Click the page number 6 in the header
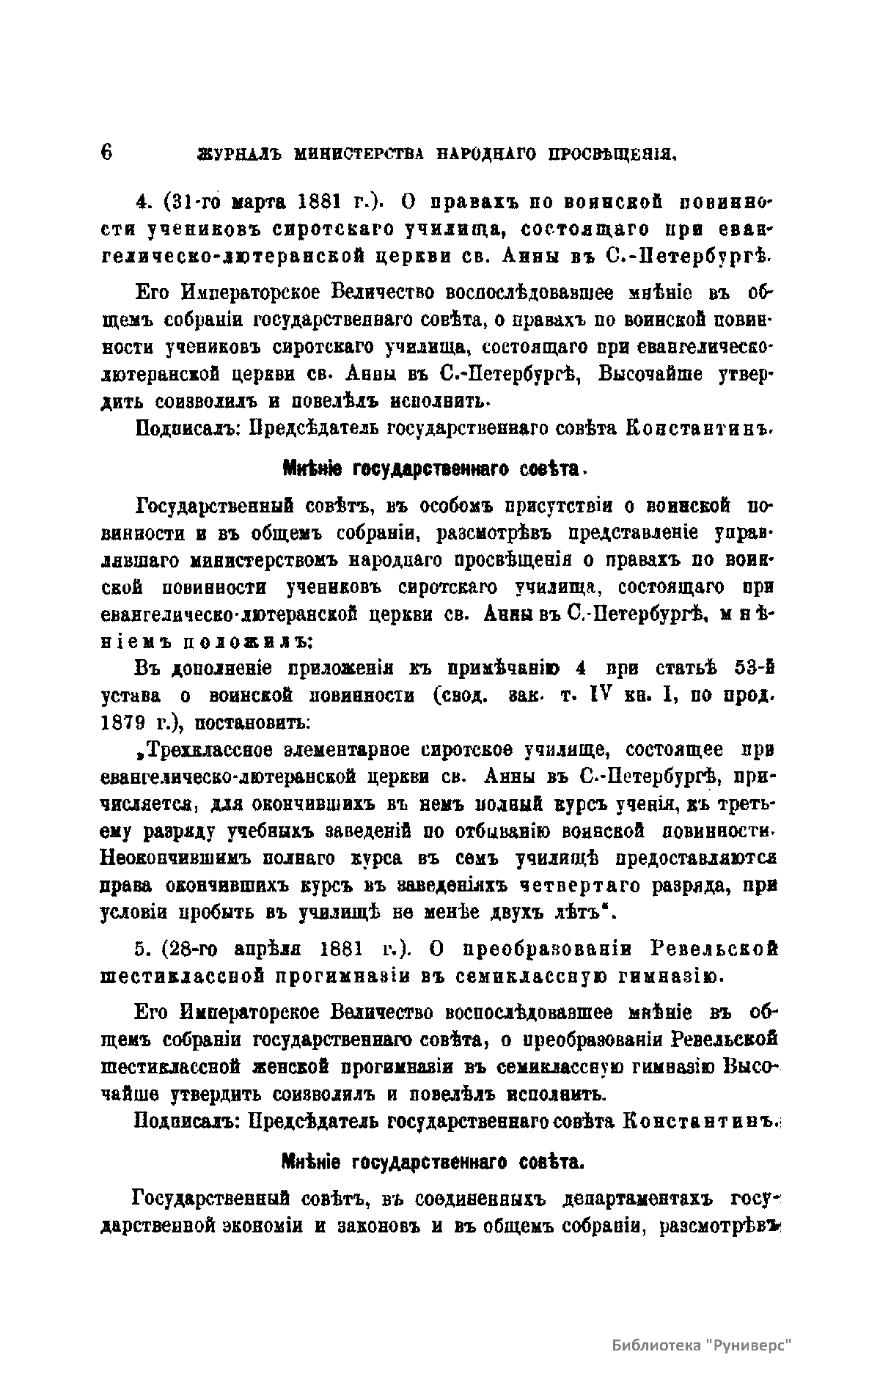tap(106, 152)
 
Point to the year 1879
tap(123, 724)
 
